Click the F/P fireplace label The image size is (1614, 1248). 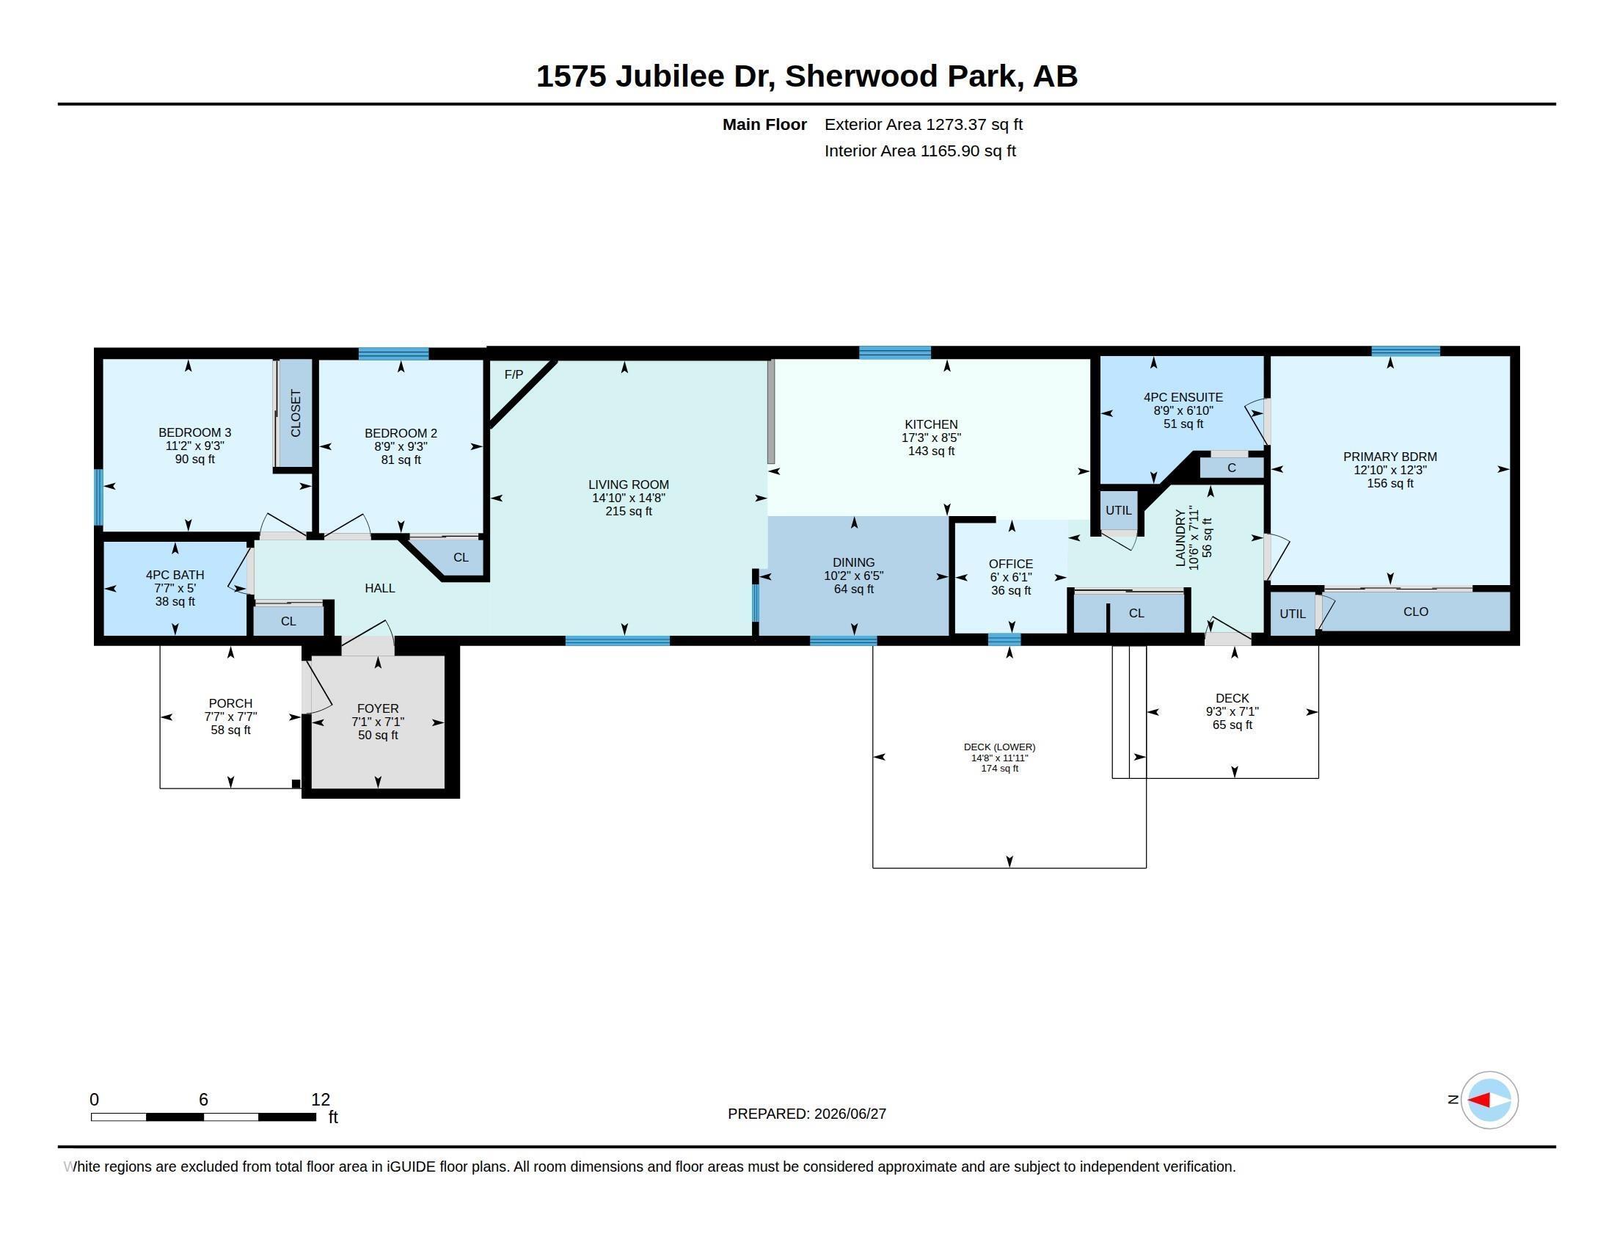pos(514,375)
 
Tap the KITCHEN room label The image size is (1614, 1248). pos(931,424)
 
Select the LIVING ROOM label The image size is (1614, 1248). pos(628,485)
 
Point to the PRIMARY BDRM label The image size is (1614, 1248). pos(1390,457)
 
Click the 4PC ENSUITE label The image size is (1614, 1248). pos(1183,398)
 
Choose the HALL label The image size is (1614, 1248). pos(380,589)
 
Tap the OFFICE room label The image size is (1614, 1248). pos(1011,564)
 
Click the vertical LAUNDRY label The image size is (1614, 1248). pos(1180,537)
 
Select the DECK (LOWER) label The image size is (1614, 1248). pos(999,747)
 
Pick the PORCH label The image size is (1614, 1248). pos(230,704)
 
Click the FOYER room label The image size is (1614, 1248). pos(378,709)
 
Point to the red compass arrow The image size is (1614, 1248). pos(1479,1100)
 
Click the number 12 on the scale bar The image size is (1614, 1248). pos(321,1100)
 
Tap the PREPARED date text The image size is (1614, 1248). pos(807,1114)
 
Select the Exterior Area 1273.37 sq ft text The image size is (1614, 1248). pos(924,125)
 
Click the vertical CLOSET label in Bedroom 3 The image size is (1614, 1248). pos(296,413)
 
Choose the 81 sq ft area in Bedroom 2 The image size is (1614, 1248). pos(401,460)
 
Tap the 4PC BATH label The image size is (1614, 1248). pos(175,576)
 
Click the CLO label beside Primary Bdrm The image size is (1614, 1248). pos(1416,612)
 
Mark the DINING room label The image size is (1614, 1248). pos(853,562)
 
